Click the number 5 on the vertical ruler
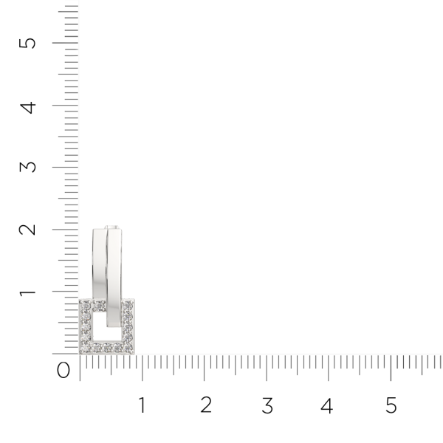[x=27, y=44]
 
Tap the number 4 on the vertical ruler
[x=28, y=108]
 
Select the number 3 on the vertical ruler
[x=28, y=167]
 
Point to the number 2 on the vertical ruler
[x=27, y=230]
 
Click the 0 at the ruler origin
[x=63, y=370]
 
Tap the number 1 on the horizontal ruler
[x=142, y=405]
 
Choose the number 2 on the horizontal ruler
[x=206, y=405]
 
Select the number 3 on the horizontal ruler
[x=267, y=405]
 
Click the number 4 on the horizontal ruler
[x=327, y=405]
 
